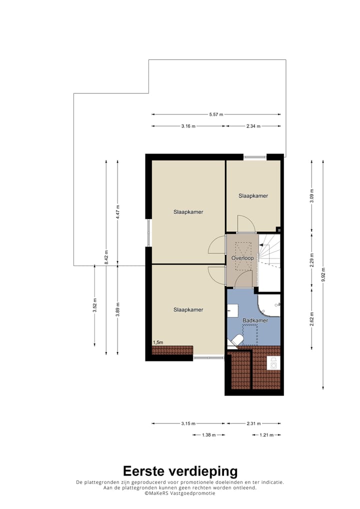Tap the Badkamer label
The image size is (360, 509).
[255, 320]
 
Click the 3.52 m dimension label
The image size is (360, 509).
[94, 305]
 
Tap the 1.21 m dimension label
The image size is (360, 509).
[266, 435]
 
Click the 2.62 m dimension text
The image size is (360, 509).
[311, 319]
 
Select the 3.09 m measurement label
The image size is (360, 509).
[311, 195]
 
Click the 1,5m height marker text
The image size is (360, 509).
[157, 342]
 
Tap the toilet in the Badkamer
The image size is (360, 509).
[235, 341]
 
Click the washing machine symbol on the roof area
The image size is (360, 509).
[273, 362]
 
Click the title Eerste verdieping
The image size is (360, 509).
[180, 471]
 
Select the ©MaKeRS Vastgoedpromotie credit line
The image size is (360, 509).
[180, 493]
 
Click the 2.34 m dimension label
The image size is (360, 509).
[253, 126]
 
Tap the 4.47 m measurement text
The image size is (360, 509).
[117, 212]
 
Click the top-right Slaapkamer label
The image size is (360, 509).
[253, 195]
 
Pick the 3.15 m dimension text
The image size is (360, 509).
[188, 423]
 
